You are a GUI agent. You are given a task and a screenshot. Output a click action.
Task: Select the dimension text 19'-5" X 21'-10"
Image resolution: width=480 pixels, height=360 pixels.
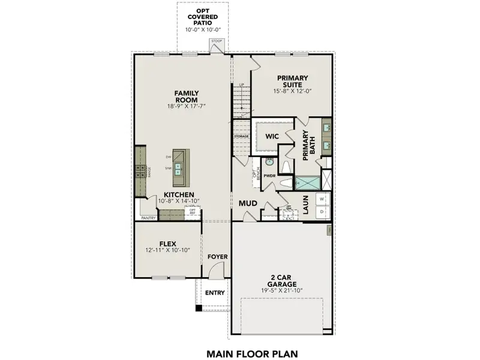[x=281, y=290]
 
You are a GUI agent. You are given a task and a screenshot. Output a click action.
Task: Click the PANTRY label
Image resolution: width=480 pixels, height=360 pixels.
[x=149, y=218]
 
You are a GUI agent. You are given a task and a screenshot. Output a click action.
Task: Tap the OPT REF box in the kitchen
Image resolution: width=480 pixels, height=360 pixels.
[x=192, y=211]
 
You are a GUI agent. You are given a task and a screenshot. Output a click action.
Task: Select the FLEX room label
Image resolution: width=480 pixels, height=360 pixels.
[x=167, y=244]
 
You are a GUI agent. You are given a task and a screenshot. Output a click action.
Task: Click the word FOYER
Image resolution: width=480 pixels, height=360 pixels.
[x=218, y=257]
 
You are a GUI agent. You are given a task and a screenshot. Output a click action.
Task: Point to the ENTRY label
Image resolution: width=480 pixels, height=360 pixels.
[x=214, y=293]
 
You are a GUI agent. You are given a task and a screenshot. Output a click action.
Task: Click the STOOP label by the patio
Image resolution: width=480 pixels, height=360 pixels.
[x=217, y=41]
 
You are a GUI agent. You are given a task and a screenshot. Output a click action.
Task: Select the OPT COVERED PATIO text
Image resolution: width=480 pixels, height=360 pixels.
[x=202, y=17]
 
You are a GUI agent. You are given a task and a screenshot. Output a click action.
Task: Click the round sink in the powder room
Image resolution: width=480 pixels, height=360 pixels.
[x=269, y=162]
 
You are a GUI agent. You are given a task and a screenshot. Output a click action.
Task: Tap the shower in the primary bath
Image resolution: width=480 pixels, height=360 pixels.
[x=307, y=182]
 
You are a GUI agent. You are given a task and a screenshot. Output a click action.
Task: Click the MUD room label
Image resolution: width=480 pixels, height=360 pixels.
[x=248, y=203]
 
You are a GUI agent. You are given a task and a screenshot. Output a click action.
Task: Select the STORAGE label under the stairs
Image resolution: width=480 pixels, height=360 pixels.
[x=241, y=137]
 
